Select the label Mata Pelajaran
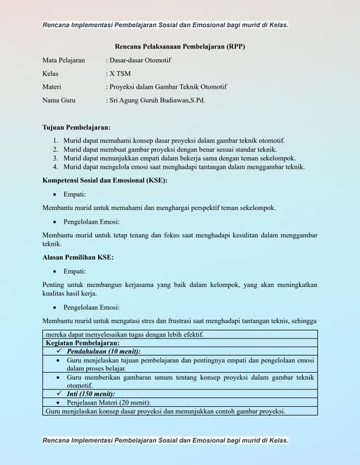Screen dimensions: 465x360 pos(63,60)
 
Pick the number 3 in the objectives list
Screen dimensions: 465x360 pos(56,158)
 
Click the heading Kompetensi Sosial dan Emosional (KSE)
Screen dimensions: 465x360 pos(105,179)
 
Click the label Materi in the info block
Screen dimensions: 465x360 pos(55,86)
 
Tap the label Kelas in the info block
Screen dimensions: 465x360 pos(52,73)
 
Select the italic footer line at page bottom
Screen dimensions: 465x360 pos(165,440)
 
